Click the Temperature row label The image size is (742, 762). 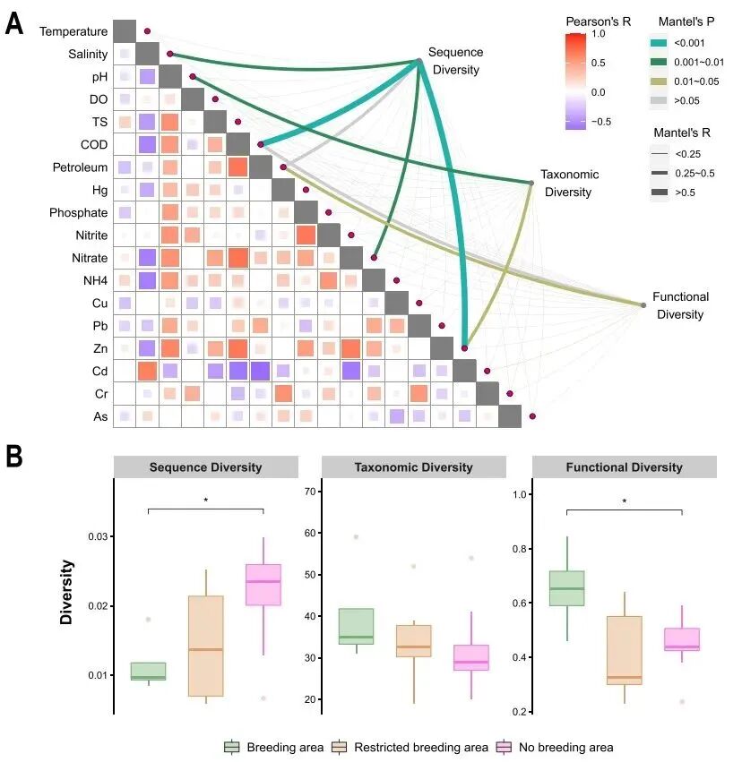[x=73, y=31]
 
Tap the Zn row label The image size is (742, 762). [x=99, y=348]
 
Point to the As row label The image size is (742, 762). [x=99, y=416]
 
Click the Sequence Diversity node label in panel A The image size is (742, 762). [x=455, y=61]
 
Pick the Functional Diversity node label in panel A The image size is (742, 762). [x=680, y=305]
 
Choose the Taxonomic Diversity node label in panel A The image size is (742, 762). [x=569, y=184]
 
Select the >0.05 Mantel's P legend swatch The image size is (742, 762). [x=659, y=101]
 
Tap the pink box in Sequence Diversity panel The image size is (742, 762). [x=263, y=585]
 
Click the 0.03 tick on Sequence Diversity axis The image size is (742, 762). [x=97, y=536]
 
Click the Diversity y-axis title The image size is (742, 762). [x=67, y=592]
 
